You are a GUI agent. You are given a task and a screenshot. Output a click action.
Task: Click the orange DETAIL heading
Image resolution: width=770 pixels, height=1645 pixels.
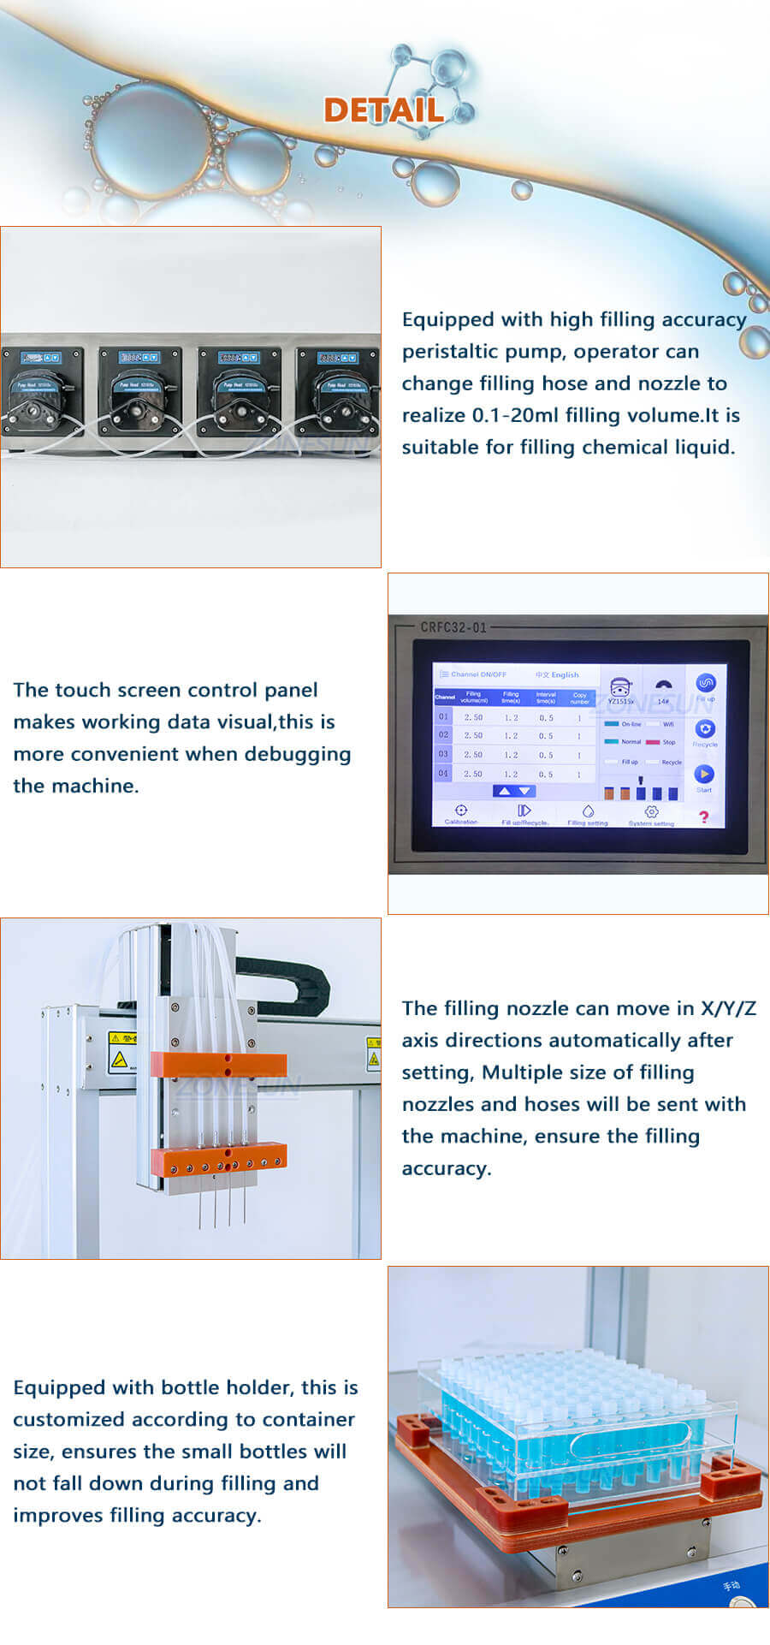coord(383,110)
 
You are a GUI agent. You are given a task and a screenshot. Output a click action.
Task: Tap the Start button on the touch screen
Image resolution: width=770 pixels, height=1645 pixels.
coord(703,775)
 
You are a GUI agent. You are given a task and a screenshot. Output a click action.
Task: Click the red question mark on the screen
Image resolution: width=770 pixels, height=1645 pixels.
coord(703,817)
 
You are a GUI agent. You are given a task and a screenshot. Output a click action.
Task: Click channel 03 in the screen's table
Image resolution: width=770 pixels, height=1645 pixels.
coord(443,754)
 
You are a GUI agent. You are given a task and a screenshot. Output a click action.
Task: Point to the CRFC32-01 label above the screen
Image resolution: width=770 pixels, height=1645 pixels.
coord(453,627)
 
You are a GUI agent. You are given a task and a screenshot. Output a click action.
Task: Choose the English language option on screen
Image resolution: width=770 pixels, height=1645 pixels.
coord(565,674)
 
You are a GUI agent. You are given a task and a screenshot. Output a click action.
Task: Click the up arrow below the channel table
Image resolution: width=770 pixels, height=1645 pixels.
coord(505,791)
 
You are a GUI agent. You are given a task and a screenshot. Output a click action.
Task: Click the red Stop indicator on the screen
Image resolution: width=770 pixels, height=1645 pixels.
coord(654,742)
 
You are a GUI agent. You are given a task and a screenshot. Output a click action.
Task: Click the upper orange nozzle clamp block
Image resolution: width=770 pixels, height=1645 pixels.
coord(218,1064)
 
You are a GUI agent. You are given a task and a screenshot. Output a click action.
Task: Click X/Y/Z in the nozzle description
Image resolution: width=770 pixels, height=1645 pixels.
coord(728,1008)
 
